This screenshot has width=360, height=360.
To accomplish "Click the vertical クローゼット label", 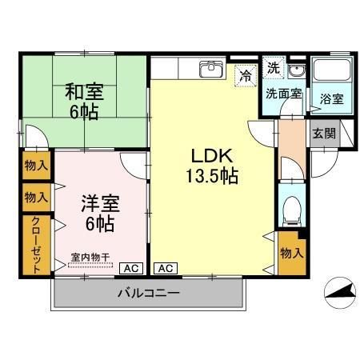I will click(x=36, y=245).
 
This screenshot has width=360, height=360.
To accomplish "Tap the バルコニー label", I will click(x=147, y=293).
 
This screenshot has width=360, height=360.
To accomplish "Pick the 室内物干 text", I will click(x=88, y=257).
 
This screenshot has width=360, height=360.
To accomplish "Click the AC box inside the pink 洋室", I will click(x=131, y=268).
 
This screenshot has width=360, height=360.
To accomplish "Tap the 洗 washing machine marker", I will click(x=274, y=68).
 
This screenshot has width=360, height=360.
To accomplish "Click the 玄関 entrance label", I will click(x=323, y=134).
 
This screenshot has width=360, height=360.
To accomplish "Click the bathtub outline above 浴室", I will click(x=331, y=72).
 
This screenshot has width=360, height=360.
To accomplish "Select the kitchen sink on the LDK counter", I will click(x=211, y=69).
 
